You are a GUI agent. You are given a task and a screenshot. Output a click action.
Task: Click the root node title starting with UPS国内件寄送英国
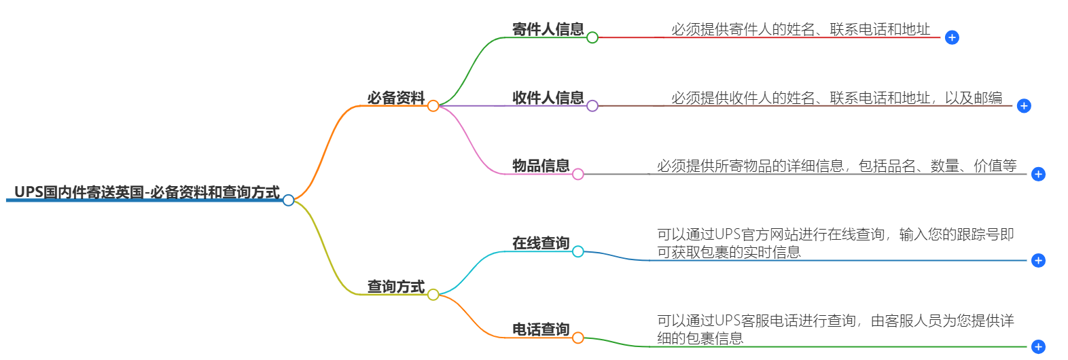[x=147, y=192]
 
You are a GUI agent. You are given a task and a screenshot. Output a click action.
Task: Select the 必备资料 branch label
[x=396, y=98]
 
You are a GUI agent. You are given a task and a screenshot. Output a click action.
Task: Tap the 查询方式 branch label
[x=396, y=287]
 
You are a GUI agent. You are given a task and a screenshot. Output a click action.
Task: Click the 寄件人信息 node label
[x=548, y=29]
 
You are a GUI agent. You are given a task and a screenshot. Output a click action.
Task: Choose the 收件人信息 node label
[x=548, y=98]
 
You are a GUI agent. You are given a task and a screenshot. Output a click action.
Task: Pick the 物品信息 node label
[x=541, y=166]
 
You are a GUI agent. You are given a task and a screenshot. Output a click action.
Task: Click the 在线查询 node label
[x=541, y=243]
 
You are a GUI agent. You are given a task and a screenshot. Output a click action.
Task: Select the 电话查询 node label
[x=541, y=329]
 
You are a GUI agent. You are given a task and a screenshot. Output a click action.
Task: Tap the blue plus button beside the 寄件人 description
[x=952, y=38]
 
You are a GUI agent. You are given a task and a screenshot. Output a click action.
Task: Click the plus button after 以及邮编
[x=1024, y=106]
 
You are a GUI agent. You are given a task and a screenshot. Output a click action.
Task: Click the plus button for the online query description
[x=1038, y=261]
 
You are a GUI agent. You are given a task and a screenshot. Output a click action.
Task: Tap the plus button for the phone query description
[x=1038, y=347]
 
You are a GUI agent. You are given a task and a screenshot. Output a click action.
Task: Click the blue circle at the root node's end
[x=289, y=200]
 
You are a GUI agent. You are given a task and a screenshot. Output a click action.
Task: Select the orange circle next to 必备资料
[x=433, y=106]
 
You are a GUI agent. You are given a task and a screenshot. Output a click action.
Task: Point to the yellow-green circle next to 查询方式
[x=433, y=295]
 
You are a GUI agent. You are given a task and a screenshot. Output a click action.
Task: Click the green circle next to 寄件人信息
[x=592, y=37]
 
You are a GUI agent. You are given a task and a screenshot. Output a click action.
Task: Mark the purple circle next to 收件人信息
[x=592, y=106]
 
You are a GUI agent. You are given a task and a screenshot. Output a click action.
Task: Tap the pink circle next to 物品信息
[x=578, y=175]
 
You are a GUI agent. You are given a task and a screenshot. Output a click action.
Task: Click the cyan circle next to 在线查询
[x=578, y=252]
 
